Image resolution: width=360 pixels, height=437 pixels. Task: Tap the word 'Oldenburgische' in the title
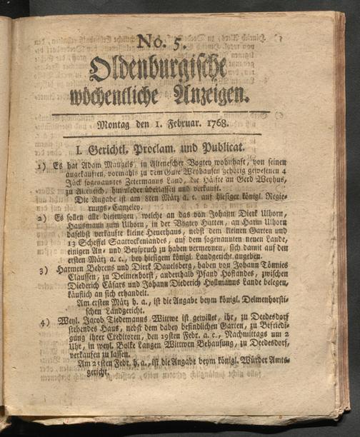coord(158,69)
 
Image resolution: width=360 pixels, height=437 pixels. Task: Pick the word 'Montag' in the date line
coord(113,124)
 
